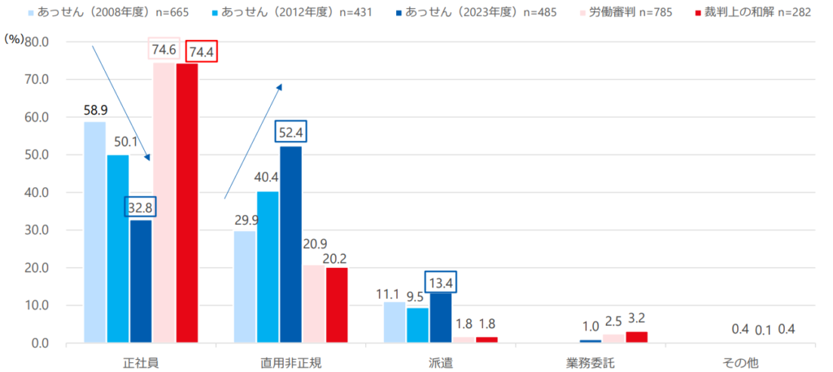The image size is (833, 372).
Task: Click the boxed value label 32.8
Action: (141, 207)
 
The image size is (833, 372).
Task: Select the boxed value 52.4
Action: (290, 132)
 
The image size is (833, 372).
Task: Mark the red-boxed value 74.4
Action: (203, 50)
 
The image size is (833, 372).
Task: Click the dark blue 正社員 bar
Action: (141, 282)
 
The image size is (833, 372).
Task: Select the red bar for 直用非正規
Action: (337, 305)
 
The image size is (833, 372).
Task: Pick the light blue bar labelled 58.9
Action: (94, 232)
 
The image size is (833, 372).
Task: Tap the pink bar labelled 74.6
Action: (164, 203)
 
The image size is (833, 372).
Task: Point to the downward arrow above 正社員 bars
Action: (120, 102)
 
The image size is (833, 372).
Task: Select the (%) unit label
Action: (15, 38)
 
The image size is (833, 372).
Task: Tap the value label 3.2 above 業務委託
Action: (636, 317)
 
